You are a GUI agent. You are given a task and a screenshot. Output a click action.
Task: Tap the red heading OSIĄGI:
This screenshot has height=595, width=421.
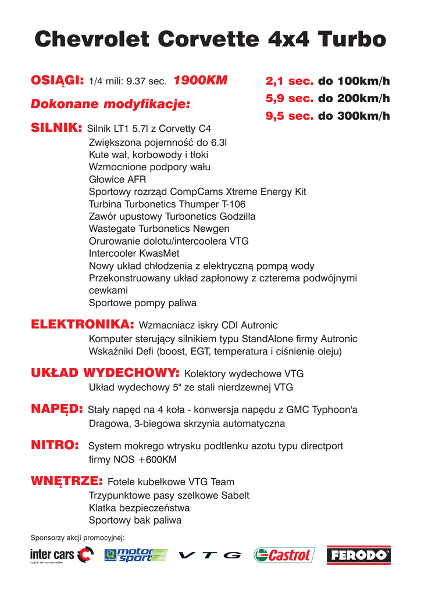[58, 80]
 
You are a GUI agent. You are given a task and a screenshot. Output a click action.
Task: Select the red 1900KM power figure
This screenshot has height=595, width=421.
[201, 80]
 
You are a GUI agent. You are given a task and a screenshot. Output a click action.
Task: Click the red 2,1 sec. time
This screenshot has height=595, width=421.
[289, 81]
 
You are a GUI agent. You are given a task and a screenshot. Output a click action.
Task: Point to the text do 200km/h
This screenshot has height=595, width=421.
[354, 98]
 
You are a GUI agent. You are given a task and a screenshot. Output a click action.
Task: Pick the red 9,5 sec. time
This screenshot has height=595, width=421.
[289, 116]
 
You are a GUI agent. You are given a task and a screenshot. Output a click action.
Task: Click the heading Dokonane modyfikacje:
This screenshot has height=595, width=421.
[110, 105]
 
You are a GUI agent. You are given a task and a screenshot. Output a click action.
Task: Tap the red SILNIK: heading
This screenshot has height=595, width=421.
[55, 127]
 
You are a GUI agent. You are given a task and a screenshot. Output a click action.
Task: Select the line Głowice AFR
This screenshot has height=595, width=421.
[117, 179]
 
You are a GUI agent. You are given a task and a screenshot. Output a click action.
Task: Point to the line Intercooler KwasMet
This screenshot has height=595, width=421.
[134, 253]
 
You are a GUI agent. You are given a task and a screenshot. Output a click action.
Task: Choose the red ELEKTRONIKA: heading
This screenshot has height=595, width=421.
[82, 324]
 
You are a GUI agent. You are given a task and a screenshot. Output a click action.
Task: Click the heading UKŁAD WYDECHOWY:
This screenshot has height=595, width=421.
[105, 372]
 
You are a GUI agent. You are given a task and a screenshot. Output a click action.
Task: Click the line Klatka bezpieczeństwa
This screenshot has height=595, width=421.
[139, 507]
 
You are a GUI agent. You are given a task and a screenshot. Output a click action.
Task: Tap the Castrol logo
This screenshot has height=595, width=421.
[284, 555]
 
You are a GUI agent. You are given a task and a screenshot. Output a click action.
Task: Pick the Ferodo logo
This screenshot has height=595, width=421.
[358, 555]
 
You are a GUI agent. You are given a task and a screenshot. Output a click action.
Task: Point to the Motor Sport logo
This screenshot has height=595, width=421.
[135, 555]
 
